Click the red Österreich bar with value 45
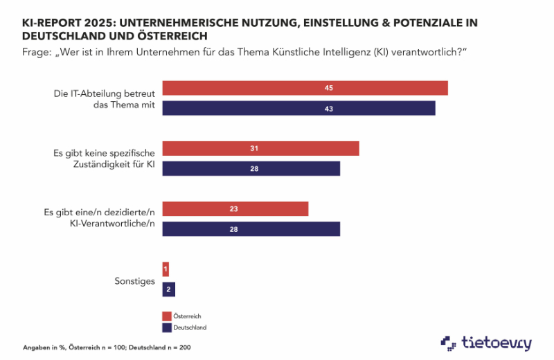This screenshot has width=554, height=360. [x=305, y=89]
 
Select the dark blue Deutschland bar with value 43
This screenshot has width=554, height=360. [x=298, y=108]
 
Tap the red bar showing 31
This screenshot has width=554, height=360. [x=260, y=149]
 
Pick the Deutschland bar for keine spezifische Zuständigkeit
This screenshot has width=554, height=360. [x=251, y=169]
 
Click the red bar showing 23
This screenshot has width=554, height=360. [x=235, y=209]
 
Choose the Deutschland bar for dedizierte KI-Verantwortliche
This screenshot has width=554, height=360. [x=251, y=228]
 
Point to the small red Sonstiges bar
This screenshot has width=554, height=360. [x=166, y=269]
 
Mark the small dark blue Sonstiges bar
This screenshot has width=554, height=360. [x=168, y=289]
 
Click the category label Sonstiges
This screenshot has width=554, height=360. [x=134, y=280]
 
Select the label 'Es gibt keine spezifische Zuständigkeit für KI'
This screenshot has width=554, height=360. [x=104, y=159]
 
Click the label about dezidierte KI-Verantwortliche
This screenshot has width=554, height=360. [x=104, y=219]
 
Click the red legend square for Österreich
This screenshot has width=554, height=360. [x=166, y=316]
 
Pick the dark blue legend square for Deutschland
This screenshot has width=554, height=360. [x=166, y=327]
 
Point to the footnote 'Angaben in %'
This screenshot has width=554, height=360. [x=41, y=345]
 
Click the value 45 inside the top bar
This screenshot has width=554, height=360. [x=329, y=89]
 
